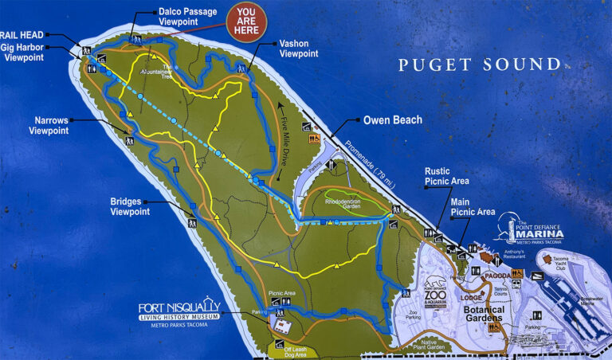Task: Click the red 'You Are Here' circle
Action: click(247, 22)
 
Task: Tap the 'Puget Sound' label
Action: click(479, 65)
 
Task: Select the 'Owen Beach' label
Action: click(392, 120)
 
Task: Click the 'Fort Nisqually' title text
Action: click(178, 307)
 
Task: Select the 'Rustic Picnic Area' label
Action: click(448, 175)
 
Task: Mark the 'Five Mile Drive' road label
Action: click(290, 131)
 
